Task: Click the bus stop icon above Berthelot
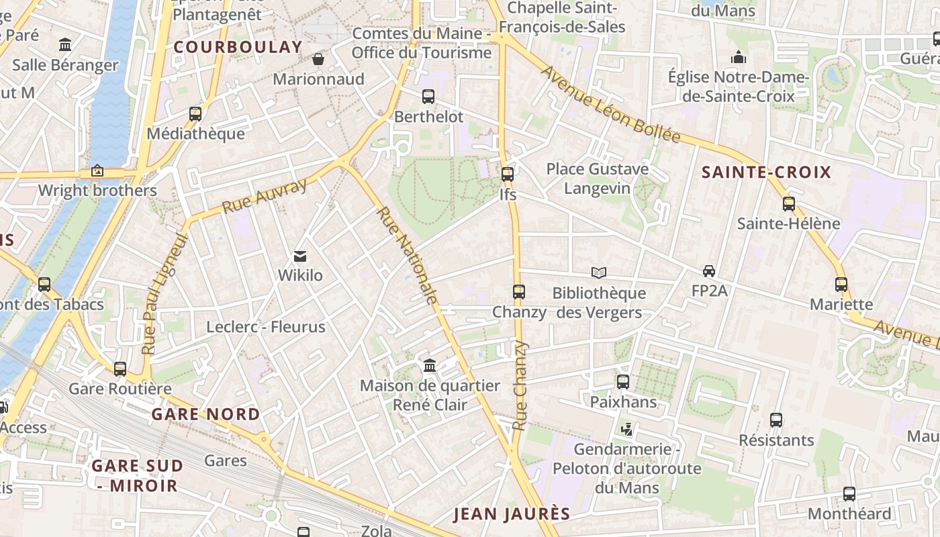428,97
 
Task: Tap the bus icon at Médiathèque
195,114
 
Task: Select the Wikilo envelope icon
300,256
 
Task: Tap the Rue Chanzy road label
520,386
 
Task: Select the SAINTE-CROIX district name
766,173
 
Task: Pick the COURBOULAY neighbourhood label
238,47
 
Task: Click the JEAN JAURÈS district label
512,515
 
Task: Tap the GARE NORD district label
205,414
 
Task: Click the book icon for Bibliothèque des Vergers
599,273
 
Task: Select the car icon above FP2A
709,271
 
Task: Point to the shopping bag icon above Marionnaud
318,59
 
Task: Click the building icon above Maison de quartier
430,366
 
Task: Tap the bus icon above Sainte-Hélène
788,203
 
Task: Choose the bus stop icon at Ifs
508,175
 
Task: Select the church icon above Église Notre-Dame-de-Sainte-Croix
739,57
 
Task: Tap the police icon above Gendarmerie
627,429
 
